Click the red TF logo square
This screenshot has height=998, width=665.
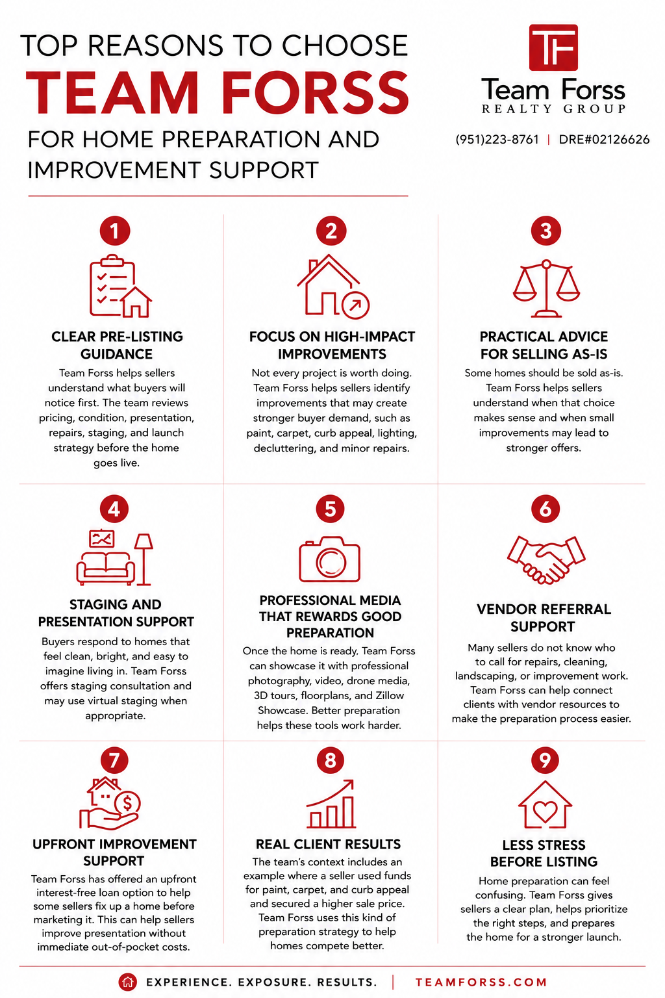pyautogui.click(x=553, y=47)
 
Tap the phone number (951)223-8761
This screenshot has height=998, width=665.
pyautogui.click(x=497, y=140)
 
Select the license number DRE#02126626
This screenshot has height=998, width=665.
pyautogui.click(x=604, y=140)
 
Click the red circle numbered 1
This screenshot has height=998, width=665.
pyautogui.click(x=115, y=231)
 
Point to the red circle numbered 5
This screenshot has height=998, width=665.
pyautogui.click(x=330, y=509)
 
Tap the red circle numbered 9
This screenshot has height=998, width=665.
pyautogui.click(x=546, y=760)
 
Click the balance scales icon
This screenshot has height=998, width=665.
pyautogui.click(x=546, y=288)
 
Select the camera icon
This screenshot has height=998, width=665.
pyautogui.click(x=330, y=559)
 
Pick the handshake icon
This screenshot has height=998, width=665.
pyautogui.click(x=546, y=559)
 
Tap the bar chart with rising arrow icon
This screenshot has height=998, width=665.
pyautogui.click(x=331, y=803)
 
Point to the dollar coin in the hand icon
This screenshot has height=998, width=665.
pyautogui.click(x=127, y=803)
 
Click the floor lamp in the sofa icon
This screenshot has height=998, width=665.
pyautogui.click(x=144, y=559)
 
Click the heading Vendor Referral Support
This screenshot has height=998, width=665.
pyautogui.click(x=544, y=617)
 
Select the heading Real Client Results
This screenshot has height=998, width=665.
pyautogui.click(x=328, y=844)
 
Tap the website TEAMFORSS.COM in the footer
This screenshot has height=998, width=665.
pyautogui.click(x=481, y=982)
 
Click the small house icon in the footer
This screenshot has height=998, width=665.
pyautogui.click(x=127, y=982)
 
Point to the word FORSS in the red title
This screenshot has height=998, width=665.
pyautogui.click(x=316, y=93)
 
